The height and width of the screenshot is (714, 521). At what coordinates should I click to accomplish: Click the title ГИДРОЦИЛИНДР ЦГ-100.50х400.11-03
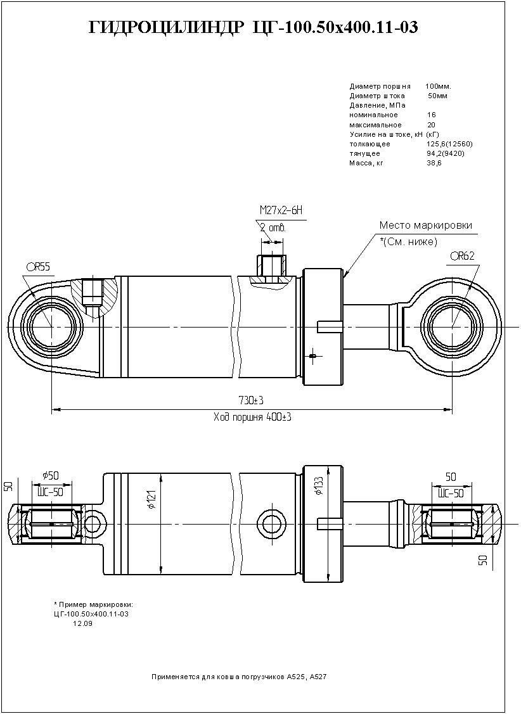coord(254,28)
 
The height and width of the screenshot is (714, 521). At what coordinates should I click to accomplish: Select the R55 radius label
coord(39,267)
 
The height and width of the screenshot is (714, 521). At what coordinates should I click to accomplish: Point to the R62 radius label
coord(463,257)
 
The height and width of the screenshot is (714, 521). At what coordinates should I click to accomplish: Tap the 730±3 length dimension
coord(251,400)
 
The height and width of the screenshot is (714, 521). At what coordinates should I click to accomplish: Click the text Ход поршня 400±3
coord(252,418)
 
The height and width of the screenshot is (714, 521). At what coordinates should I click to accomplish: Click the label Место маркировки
coord(425,226)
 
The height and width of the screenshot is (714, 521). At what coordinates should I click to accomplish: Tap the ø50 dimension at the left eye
coord(51,475)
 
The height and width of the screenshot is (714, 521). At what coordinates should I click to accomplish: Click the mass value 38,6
coord(434,163)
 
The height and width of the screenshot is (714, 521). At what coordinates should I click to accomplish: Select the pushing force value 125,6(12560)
coord(449,144)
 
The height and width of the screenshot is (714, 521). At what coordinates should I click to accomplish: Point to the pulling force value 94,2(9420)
coord(446,153)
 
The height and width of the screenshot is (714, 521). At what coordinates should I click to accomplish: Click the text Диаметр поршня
coord(380,86)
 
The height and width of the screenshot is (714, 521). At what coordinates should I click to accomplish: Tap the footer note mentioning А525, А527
coord(238,677)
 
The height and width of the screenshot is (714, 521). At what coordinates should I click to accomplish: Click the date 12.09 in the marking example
coord(83,624)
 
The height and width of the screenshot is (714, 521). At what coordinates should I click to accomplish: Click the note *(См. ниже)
coord(408,241)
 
